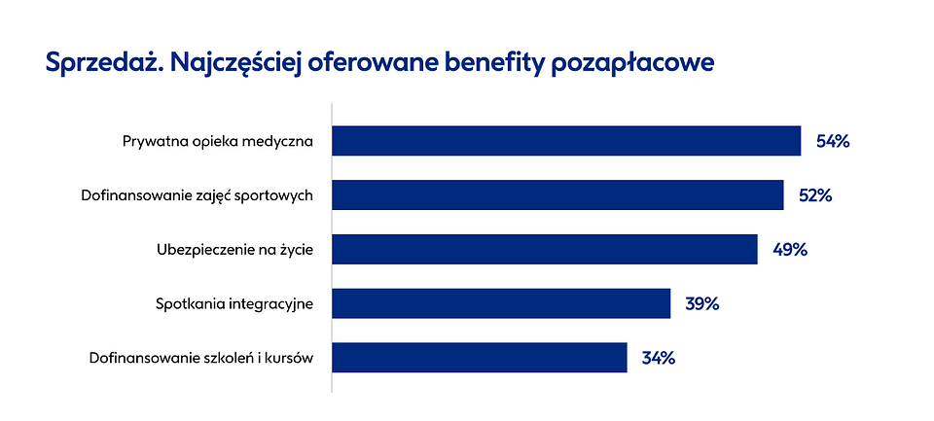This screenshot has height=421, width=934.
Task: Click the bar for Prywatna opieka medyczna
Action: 566,141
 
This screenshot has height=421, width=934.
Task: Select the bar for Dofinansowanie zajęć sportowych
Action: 557,195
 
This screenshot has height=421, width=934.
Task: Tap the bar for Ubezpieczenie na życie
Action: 545,249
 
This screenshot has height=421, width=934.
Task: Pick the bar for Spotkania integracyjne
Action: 501,303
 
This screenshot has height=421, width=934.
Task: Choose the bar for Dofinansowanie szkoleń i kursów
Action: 480,357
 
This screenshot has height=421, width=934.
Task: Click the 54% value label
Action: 833,141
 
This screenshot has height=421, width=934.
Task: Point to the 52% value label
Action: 815,195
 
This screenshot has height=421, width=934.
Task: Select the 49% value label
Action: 790,249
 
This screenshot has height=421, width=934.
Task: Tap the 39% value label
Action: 701,303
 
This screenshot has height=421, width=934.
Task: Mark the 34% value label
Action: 658,357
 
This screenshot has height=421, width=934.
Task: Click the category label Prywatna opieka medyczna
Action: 217,142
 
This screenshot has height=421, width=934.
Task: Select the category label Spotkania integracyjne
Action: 233,304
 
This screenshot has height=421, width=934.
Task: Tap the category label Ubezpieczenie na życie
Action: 233,250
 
